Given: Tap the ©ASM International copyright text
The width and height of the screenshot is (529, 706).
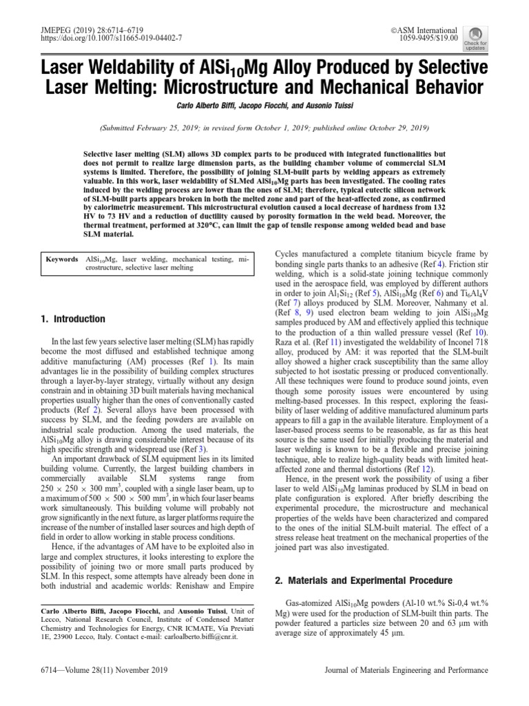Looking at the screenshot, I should point(424,30).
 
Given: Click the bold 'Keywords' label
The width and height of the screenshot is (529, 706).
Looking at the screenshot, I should point(62,259).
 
